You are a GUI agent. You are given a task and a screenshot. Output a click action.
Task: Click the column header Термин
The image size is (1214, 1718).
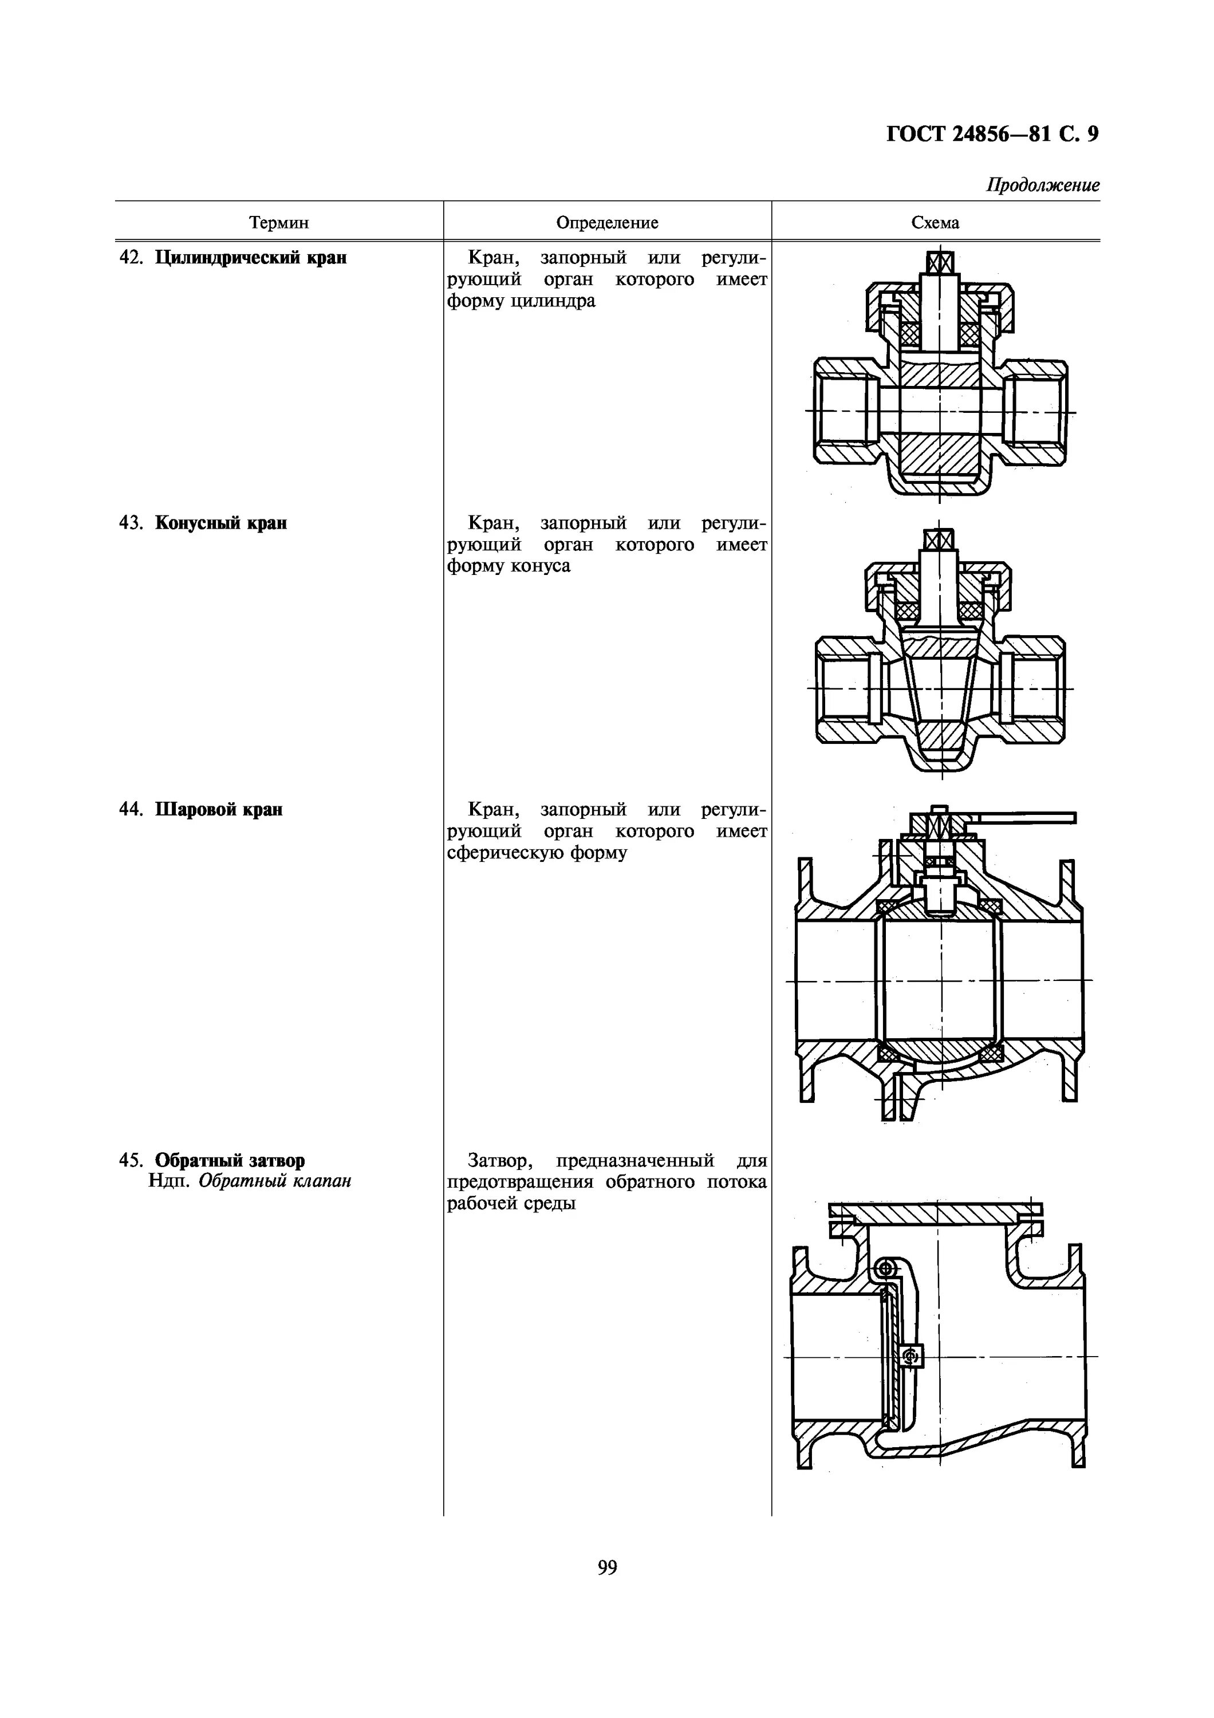click(278, 223)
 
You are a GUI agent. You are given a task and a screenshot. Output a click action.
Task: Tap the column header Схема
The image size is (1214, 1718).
click(935, 223)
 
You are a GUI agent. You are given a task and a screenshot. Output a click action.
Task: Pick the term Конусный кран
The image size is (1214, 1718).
click(220, 523)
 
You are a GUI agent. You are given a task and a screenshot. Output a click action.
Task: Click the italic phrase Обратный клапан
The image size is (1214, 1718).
click(274, 1181)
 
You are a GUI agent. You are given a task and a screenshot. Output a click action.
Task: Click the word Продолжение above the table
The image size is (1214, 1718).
click(1043, 186)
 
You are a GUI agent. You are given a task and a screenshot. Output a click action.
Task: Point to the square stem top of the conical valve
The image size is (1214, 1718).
click(940, 539)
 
